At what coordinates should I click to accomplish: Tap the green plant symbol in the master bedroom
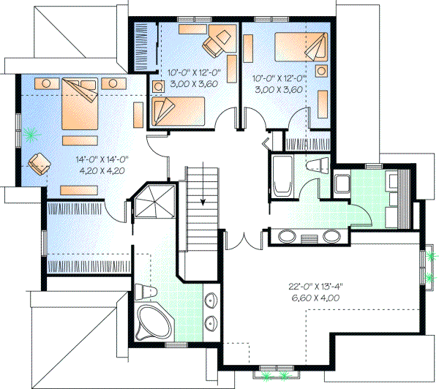30,134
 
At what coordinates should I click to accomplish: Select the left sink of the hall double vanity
286,236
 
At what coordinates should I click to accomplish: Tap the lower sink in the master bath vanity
213,322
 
